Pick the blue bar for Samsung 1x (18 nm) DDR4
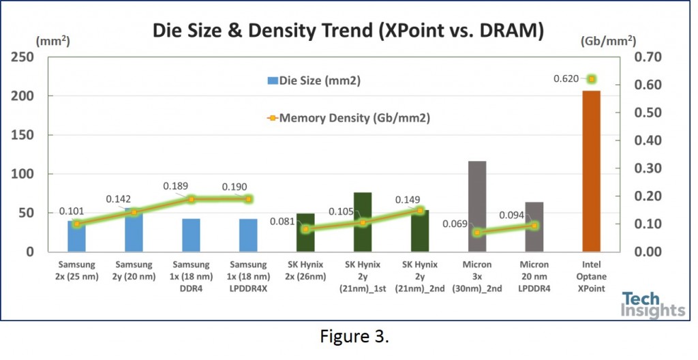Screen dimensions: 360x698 191,235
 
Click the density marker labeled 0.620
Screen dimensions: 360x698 592,79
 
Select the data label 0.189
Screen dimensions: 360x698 175,186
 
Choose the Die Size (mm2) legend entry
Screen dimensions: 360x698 314,80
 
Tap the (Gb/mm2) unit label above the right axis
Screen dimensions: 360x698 609,40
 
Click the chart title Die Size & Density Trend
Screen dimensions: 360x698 348,31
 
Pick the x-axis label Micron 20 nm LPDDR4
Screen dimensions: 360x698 534,275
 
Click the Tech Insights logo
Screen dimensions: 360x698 652,305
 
